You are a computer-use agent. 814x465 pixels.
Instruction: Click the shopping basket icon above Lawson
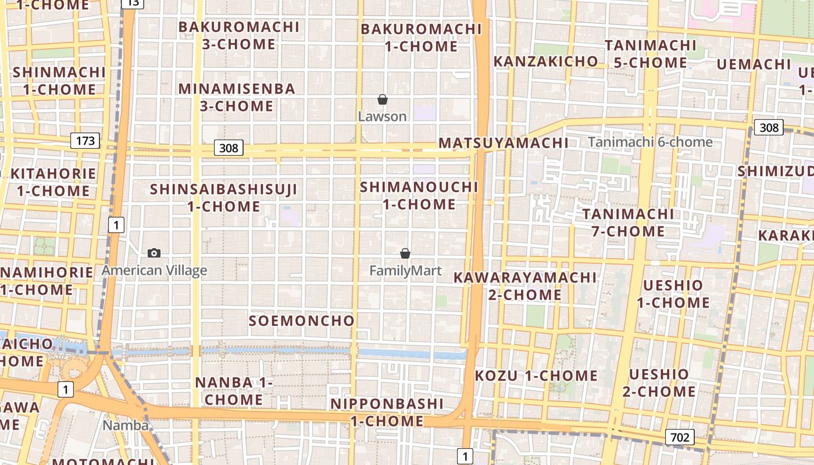click(x=382, y=100)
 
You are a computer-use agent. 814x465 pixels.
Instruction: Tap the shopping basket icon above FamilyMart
click(x=405, y=253)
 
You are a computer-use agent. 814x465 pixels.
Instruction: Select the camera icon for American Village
click(x=154, y=253)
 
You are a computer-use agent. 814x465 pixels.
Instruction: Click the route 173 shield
click(x=85, y=140)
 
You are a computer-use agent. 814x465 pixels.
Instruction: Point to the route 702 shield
click(x=679, y=437)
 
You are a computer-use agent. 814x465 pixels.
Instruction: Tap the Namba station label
click(x=126, y=425)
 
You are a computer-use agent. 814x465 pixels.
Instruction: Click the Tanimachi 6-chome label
click(x=650, y=142)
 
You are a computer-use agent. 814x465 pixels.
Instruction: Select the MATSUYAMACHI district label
click(x=504, y=143)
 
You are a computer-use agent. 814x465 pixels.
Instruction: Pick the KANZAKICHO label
click(x=545, y=62)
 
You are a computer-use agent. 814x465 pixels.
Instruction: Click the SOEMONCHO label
click(x=301, y=321)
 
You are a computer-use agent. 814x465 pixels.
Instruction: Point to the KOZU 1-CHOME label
click(x=536, y=376)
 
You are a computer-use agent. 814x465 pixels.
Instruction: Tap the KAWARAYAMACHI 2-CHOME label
click(x=525, y=286)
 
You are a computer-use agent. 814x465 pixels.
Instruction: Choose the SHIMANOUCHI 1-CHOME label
click(x=419, y=196)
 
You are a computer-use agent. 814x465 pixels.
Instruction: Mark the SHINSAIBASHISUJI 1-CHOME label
click(x=224, y=198)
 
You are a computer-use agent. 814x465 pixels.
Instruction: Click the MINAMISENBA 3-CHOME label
click(x=237, y=98)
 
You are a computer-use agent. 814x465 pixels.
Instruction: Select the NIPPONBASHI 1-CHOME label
click(x=387, y=412)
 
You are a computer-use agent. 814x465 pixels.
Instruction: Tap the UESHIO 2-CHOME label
click(x=659, y=382)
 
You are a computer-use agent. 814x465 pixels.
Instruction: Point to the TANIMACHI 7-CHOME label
click(x=628, y=223)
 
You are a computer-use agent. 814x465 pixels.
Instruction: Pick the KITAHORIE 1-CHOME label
click(x=53, y=182)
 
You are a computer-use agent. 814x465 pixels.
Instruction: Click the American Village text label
click(x=154, y=270)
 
